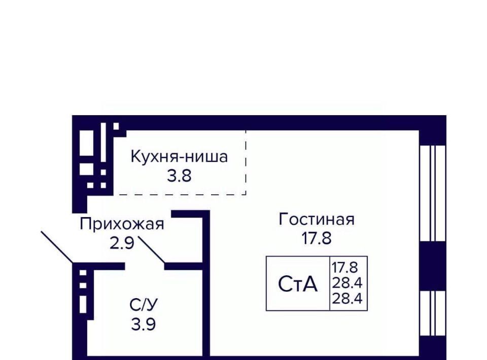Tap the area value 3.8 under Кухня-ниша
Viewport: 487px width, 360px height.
point(179,176)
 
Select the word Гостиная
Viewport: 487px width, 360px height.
point(317,219)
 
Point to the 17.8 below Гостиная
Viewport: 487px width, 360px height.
point(317,238)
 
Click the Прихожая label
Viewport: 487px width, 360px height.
point(122,224)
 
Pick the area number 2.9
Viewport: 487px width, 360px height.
point(122,243)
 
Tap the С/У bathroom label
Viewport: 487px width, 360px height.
point(144,305)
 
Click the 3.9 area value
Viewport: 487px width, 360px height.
point(144,325)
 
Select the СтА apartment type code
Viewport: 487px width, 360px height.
point(298,284)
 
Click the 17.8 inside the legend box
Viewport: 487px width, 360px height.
point(345,267)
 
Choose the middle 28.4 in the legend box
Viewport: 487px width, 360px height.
point(347,283)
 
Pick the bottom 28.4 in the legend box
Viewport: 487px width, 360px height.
point(347,299)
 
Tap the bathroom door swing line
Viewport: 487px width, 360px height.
point(151,250)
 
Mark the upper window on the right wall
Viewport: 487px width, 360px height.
point(433,193)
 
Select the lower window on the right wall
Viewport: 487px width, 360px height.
point(433,313)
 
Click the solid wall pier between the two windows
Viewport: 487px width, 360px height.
point(433,266)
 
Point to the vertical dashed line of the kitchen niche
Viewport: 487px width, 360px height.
point(246,163)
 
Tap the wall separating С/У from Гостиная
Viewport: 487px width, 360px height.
point(206,283)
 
